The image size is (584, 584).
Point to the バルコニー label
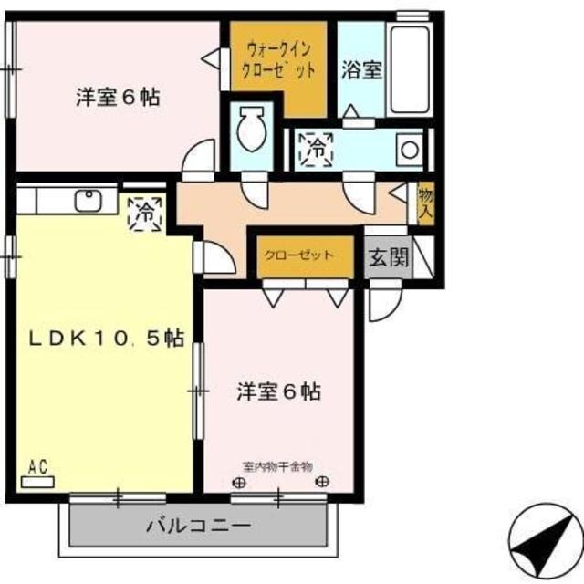pos(199,527)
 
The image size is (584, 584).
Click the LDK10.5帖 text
pos(106,339)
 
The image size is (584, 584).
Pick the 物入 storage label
pos(424,203)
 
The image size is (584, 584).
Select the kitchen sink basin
pos(89,201)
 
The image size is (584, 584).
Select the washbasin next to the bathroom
pos(409,148)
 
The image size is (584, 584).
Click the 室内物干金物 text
pos(276,466)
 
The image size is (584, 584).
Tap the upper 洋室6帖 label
pos(118,96)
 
